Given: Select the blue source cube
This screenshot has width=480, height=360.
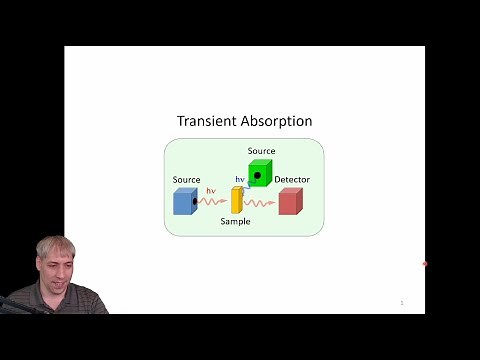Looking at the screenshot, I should (x=184, y=202).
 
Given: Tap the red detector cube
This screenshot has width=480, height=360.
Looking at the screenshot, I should (x=289, y=202).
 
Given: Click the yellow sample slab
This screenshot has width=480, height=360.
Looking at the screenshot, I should (x=237, y=199).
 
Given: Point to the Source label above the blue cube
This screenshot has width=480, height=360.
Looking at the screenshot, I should (x=186, y=180).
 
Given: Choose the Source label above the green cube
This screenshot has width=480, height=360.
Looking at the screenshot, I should (x=261, y=150).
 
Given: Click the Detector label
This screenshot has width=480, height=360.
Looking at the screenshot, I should (x=292, y=180).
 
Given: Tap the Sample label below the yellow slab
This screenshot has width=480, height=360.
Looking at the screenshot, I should (x=235, y=221).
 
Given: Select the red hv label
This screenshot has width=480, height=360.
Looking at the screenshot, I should (x=211, y=190).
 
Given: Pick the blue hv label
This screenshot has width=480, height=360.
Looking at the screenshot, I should (x=240, y=180).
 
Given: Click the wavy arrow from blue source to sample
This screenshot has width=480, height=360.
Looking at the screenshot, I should (x=212, y=201).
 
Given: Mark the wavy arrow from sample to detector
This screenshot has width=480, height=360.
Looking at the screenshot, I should (x=259, y=203).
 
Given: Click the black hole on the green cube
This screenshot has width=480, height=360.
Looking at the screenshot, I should (x=257, y=176).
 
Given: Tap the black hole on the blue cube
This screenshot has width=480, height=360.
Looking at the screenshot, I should (x=193, y=202).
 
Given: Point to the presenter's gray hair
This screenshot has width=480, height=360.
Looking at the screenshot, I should (x=55, y=246).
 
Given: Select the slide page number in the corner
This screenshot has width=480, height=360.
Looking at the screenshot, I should (x=401, y=302).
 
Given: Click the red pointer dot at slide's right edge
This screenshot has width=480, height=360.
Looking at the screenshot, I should (x=425, y=264).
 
